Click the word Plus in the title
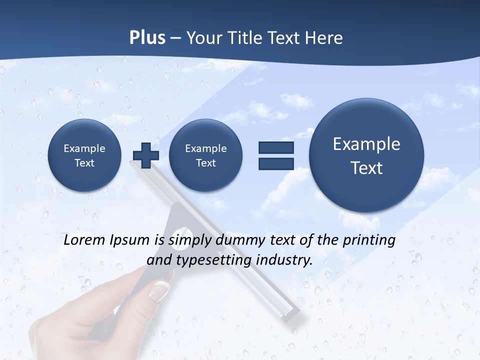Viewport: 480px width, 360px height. click(x=147, y=38)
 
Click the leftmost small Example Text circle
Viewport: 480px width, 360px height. click(x=84, y=155)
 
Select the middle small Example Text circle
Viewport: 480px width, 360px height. click(x=205, y=155)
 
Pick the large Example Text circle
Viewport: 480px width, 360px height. click(x=366, y=155)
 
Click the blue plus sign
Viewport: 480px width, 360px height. click(x=145, y=155)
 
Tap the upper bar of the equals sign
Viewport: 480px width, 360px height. click(x=276, y=148)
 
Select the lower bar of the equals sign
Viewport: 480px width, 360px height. click(x=276, y=164)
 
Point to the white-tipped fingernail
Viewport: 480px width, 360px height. click(x=160, y=290)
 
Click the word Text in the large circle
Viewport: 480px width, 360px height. click(x=366, y=168)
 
